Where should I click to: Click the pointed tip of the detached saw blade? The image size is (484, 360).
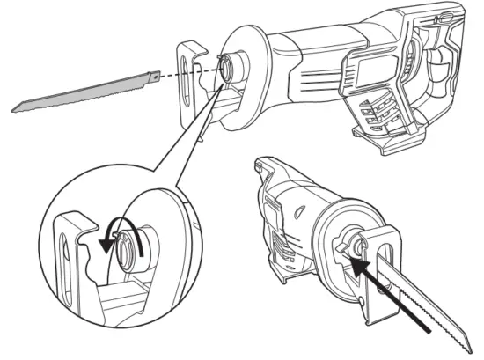(15, 109)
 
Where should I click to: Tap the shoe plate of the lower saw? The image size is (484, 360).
(387, 264)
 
